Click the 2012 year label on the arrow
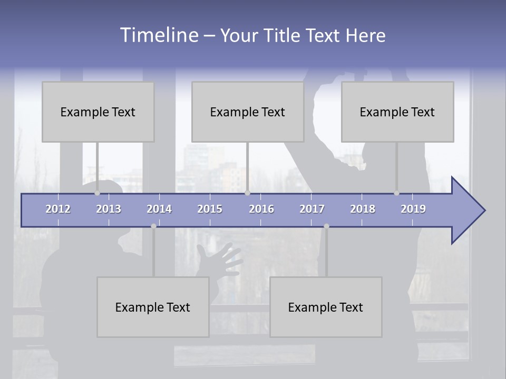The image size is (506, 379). point(58,209)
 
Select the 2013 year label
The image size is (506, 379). point(109,209)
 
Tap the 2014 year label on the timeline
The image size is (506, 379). point(159,209)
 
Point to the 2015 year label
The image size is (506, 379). point(210,209)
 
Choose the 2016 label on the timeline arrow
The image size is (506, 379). point(261,209)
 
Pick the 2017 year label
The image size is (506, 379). point(312,209)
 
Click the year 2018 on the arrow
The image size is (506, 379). point(363,209)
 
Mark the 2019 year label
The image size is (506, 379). point(413,209)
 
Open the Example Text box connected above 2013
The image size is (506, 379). point(98,112)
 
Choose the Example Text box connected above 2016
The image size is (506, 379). point(248,112)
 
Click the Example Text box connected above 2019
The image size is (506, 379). point(397,112)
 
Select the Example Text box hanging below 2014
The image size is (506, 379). point(153,307)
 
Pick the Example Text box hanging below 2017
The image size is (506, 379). point(326,307)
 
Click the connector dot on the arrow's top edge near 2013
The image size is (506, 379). point(97,193)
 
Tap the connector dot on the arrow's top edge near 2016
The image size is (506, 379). point(247,193)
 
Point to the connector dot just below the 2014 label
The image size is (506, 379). point(153,226)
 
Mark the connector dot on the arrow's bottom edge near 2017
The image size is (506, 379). point(326,226)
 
